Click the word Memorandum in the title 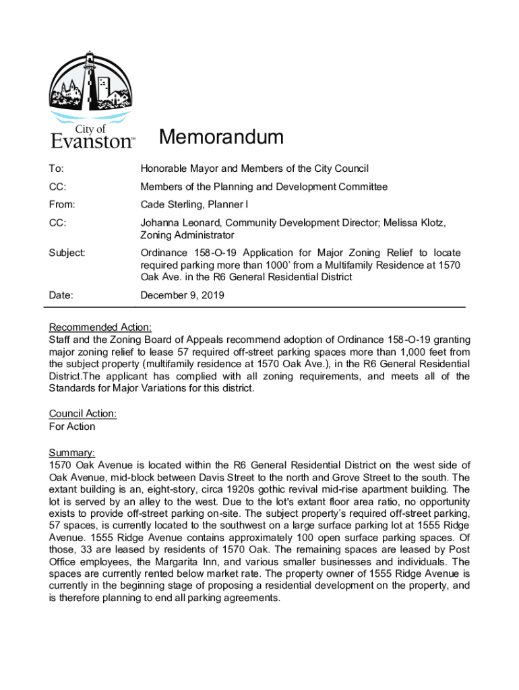click(x=221, y=137)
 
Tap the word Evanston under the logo click(x=92, y=142)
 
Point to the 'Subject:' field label click(x=67, y=253)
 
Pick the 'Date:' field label click(x=61, y=295)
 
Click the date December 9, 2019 click(x=182, y=295)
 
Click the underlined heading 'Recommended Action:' click(x=100, y=327)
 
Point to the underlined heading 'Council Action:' click(x=83, y=414)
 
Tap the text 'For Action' click(x=72, y=427)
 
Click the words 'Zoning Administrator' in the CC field click(x=187, y=235)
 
